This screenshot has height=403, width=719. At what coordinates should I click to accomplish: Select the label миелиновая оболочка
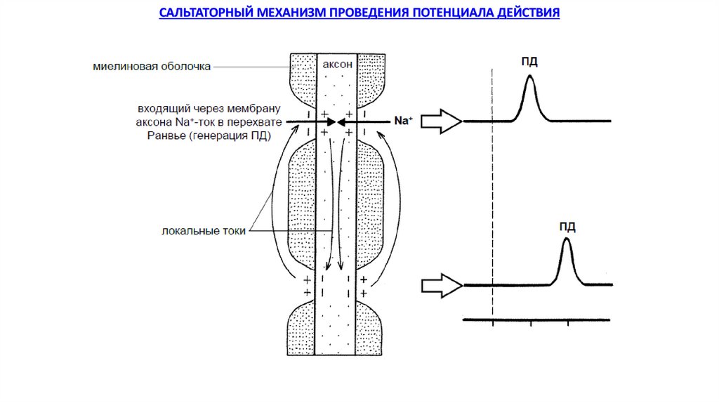click(x=152, y=67)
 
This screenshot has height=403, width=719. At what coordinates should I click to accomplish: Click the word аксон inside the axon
click(x=337, y=65)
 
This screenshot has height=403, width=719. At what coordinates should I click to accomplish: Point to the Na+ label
click(x=402, y=121)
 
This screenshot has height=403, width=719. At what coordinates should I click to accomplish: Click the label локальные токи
click(x=204, y=231)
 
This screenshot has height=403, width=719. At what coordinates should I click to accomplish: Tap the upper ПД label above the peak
click(x=529, y=62)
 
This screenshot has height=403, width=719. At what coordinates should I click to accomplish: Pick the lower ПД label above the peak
click(x=567, y=226)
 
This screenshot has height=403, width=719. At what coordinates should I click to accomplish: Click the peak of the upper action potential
click(x=529, y=77)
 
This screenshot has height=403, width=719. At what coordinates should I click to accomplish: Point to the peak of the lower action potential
click(x=567, y=241)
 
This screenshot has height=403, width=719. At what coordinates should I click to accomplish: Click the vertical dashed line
click(x=493, y=197)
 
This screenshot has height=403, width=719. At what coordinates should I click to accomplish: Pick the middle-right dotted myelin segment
click(x=371, y=204)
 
